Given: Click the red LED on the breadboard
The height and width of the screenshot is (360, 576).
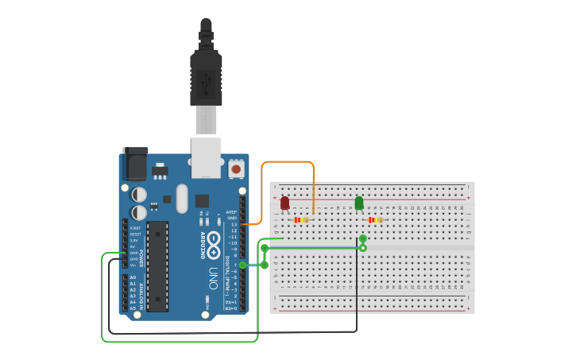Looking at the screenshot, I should coord(284,203).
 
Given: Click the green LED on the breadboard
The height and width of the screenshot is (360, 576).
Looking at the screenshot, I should coord(359,203).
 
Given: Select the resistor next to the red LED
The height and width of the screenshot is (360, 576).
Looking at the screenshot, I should coord(301,219).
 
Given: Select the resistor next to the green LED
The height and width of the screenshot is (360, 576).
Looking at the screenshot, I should coord(375,219).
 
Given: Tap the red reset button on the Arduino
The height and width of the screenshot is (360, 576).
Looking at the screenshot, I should coord(236,169).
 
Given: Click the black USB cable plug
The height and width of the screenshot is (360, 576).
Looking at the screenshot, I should coord(206,75).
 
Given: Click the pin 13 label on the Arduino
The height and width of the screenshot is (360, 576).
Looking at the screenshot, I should coord(234,225).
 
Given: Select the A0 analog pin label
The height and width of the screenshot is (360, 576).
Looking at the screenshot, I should coord(133,277).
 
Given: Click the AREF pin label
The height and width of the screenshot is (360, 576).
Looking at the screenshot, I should coord(232,212).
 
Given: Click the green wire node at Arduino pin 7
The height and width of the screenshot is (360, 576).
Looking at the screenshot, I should coord(243,265).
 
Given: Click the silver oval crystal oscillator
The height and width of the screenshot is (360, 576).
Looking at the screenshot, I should coord(182,199).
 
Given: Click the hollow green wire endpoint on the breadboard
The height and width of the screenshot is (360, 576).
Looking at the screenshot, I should coord(363,248).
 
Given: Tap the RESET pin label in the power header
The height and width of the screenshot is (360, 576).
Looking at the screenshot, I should coord(134,234).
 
